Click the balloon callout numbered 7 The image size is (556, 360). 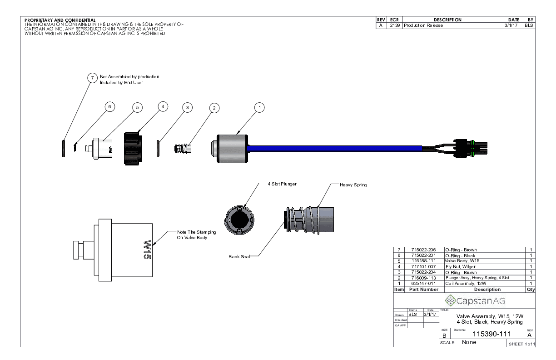point(92,79)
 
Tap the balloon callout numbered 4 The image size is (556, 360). point(162,106)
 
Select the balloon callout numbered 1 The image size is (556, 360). point(259,107)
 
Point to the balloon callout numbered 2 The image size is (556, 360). point(214,108)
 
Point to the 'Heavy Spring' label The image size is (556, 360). point(353,185)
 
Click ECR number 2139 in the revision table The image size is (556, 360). point(390,25)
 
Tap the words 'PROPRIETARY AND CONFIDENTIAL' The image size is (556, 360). point(60,20)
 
